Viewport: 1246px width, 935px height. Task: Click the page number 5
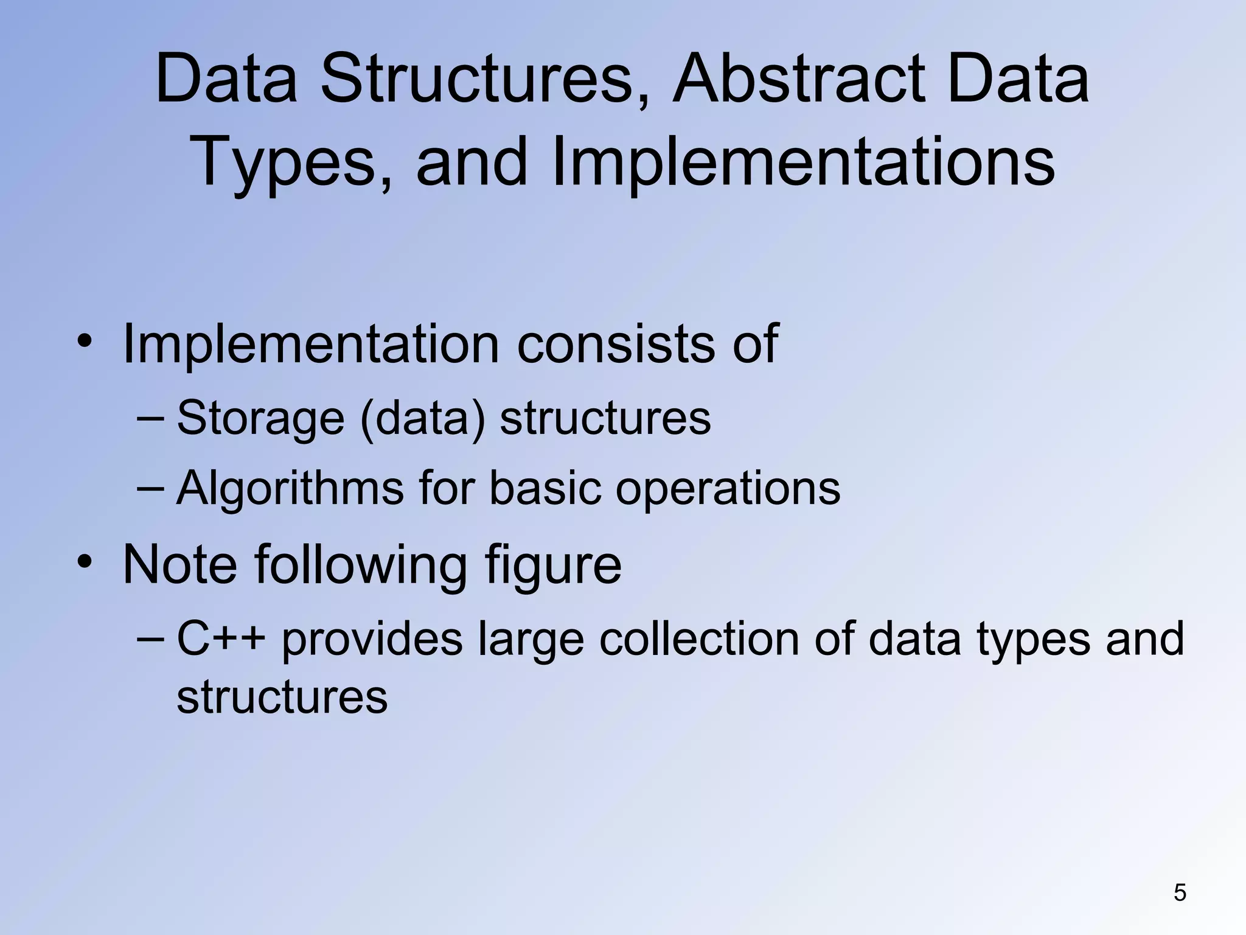tap(1180, 893)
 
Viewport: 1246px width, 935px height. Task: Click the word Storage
tap(260, 418)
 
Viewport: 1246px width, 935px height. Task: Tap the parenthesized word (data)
tap(423, 418)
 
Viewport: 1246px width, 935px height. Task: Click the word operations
tap(728, 488)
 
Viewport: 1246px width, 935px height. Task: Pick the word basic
tap(545, 488)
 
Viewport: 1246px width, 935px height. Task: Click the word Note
tap(179, 564)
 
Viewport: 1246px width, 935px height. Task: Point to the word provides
tap(372, 640)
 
